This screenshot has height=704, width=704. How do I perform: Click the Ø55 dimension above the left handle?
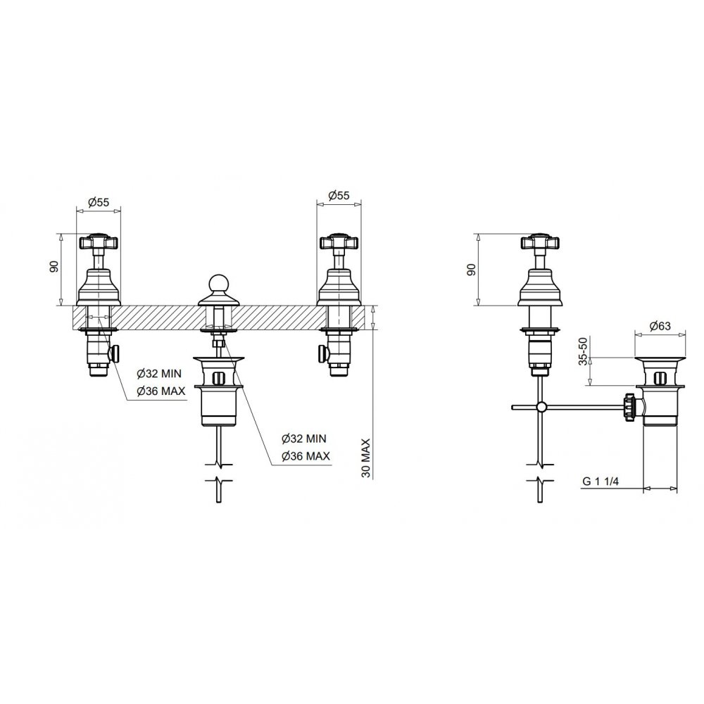pos(99,202)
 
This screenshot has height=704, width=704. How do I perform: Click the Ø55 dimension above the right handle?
pos(339,195)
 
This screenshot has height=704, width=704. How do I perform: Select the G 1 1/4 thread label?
pos(601,482)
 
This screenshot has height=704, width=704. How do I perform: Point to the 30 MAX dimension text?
pos(366,458)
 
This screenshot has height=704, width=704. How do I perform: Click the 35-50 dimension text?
pos(583,351)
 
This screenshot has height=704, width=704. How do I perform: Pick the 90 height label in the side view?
pos(471,270)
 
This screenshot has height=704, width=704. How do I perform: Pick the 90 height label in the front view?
pos(54,267)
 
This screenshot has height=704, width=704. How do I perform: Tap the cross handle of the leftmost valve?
pos(99,242)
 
